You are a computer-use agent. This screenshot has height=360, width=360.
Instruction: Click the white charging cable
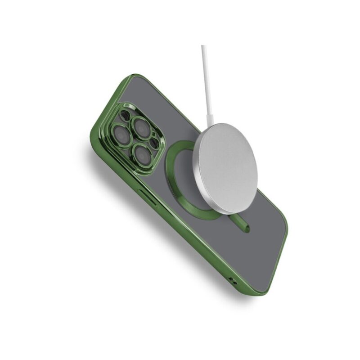click(x=206, y=81)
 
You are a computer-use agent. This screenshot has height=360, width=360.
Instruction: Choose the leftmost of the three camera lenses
click(x=121, y=134)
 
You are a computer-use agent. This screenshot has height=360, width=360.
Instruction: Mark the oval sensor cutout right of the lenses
click(x=155, y=143)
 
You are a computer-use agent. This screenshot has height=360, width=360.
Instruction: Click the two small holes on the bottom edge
click(x=233, y=281)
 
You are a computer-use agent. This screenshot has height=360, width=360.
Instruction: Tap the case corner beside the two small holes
click(x=261, y=290)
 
